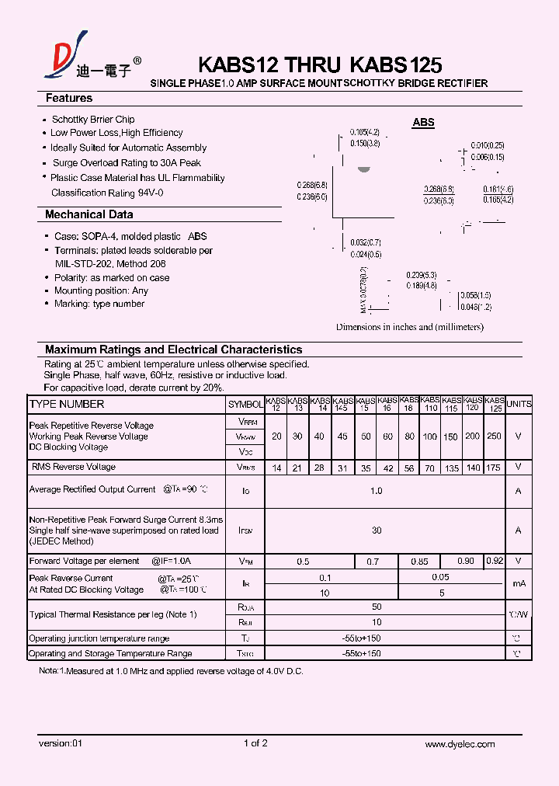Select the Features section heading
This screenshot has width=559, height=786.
point(69,99)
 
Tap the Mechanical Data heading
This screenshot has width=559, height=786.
point(89,214)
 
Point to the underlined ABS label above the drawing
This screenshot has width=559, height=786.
point(423,123)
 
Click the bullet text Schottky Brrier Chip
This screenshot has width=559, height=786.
point(92,120)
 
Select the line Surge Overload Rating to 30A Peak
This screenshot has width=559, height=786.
point(127,163)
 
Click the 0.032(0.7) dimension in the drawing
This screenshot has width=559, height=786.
point(365,242)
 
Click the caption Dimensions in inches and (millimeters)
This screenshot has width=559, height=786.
point(409,327)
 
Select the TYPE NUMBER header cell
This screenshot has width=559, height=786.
point(67,405)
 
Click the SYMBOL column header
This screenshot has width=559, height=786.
point(245,405)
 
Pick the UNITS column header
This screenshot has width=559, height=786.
point(519,404)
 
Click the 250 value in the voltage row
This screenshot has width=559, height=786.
point(494,436)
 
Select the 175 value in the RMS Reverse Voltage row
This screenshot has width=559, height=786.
point(494,468)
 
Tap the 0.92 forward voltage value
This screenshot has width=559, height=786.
point(494,561)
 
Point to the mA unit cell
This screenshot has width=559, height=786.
point(519,584)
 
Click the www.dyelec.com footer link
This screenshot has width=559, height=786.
point(460,744)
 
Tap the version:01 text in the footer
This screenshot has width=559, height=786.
point(60,744)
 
